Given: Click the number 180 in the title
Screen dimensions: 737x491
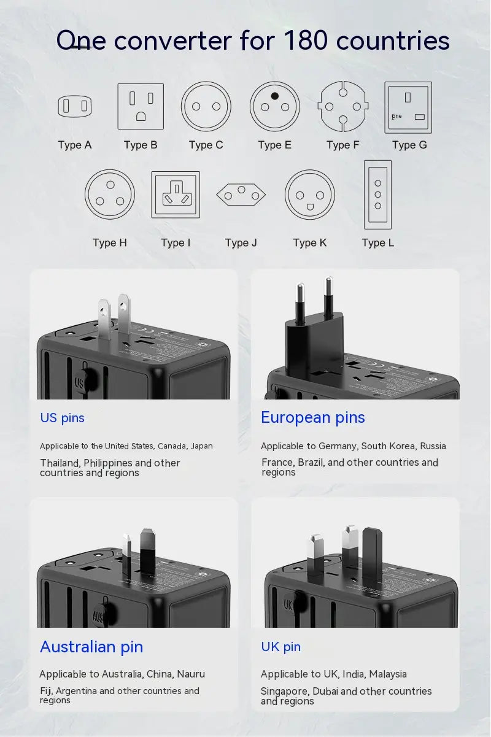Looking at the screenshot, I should tap(306, 41).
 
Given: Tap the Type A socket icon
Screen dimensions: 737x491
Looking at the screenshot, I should tap(75, 107).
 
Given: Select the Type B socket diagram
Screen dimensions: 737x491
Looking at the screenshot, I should tap(141, 106).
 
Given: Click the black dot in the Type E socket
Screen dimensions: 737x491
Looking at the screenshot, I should tap(275, 96).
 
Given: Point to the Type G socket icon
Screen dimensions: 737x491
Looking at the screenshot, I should tap(408, 107).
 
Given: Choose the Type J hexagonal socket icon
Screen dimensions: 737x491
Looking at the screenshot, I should tap(241, 195).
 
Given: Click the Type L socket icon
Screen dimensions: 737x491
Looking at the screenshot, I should tap(377, 195).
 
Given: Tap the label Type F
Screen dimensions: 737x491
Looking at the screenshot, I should tap(342, 145).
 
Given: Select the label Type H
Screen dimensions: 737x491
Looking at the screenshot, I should tap(110, 242).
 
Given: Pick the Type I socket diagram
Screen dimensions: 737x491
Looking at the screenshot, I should tap(176, 195).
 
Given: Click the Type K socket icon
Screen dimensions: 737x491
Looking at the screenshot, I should tap(309, 195).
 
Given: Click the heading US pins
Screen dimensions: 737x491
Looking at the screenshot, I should tap(62, 418).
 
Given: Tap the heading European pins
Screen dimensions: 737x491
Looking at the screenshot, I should tap(312, 417).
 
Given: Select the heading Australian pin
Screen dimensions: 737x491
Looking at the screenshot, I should tap(91, 647).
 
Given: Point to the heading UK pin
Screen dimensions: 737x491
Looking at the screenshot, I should tap(280, 647).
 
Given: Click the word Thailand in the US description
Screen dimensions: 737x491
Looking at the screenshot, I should tap(60, 463).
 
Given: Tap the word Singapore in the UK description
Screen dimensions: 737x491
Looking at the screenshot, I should tap(284, 691).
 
